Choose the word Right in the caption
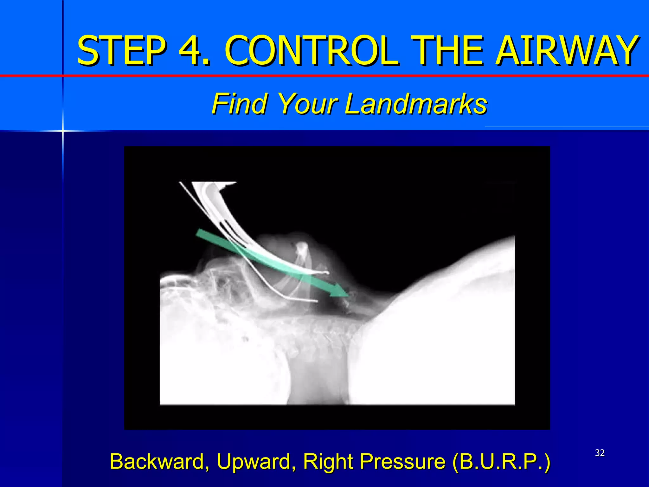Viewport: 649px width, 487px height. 328,461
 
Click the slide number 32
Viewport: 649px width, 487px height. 600,453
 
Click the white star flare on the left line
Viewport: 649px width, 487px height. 63,131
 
